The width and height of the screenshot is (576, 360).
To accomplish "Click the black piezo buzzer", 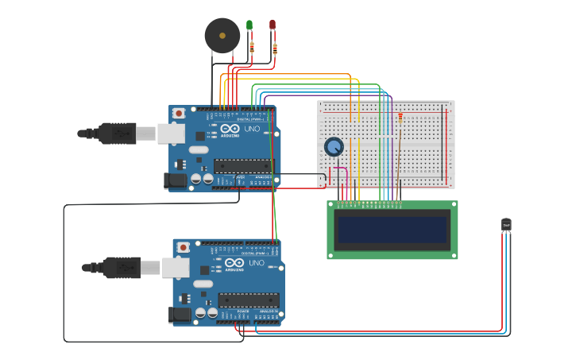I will pyautogui.click(x=222, y=36).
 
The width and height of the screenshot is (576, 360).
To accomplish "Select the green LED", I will pyautogui.click(x=249, y=25).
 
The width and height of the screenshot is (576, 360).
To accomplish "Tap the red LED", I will pyautogui.click(x=273, y=25).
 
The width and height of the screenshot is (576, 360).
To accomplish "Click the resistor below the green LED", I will pyautogui.click(x=252, y=47).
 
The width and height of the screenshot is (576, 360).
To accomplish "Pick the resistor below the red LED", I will pyautogui.click(x=275, y=48).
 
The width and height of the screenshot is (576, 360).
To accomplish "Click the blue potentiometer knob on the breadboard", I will pyautogui.click(x=334, y=147).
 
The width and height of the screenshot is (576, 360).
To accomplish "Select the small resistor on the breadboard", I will pyautogui.click(x=400, y=118).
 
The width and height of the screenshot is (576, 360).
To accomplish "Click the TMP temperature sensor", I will pyautogui.click(x=506, y=226).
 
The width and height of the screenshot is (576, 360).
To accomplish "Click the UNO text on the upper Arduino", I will pyautogui.click(x=251, y=129).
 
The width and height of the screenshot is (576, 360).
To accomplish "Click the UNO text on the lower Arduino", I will pyautogui.click(x=256, y=263).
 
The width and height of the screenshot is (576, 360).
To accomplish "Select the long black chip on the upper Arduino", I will pyautogui.click(x=243, y=166).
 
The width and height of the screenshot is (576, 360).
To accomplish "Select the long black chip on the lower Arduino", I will pyautogui.click(x=248, y=300).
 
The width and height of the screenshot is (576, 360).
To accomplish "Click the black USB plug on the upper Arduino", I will pyautogui.click(x=116, y=134).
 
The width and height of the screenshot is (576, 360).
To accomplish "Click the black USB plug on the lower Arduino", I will pyautogui.click(x=121, y=268).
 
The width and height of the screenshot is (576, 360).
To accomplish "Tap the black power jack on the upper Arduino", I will pyautogui.click(x=176, y=181).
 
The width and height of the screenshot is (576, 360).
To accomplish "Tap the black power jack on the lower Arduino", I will pyautogui.click(x=180, y=315).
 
